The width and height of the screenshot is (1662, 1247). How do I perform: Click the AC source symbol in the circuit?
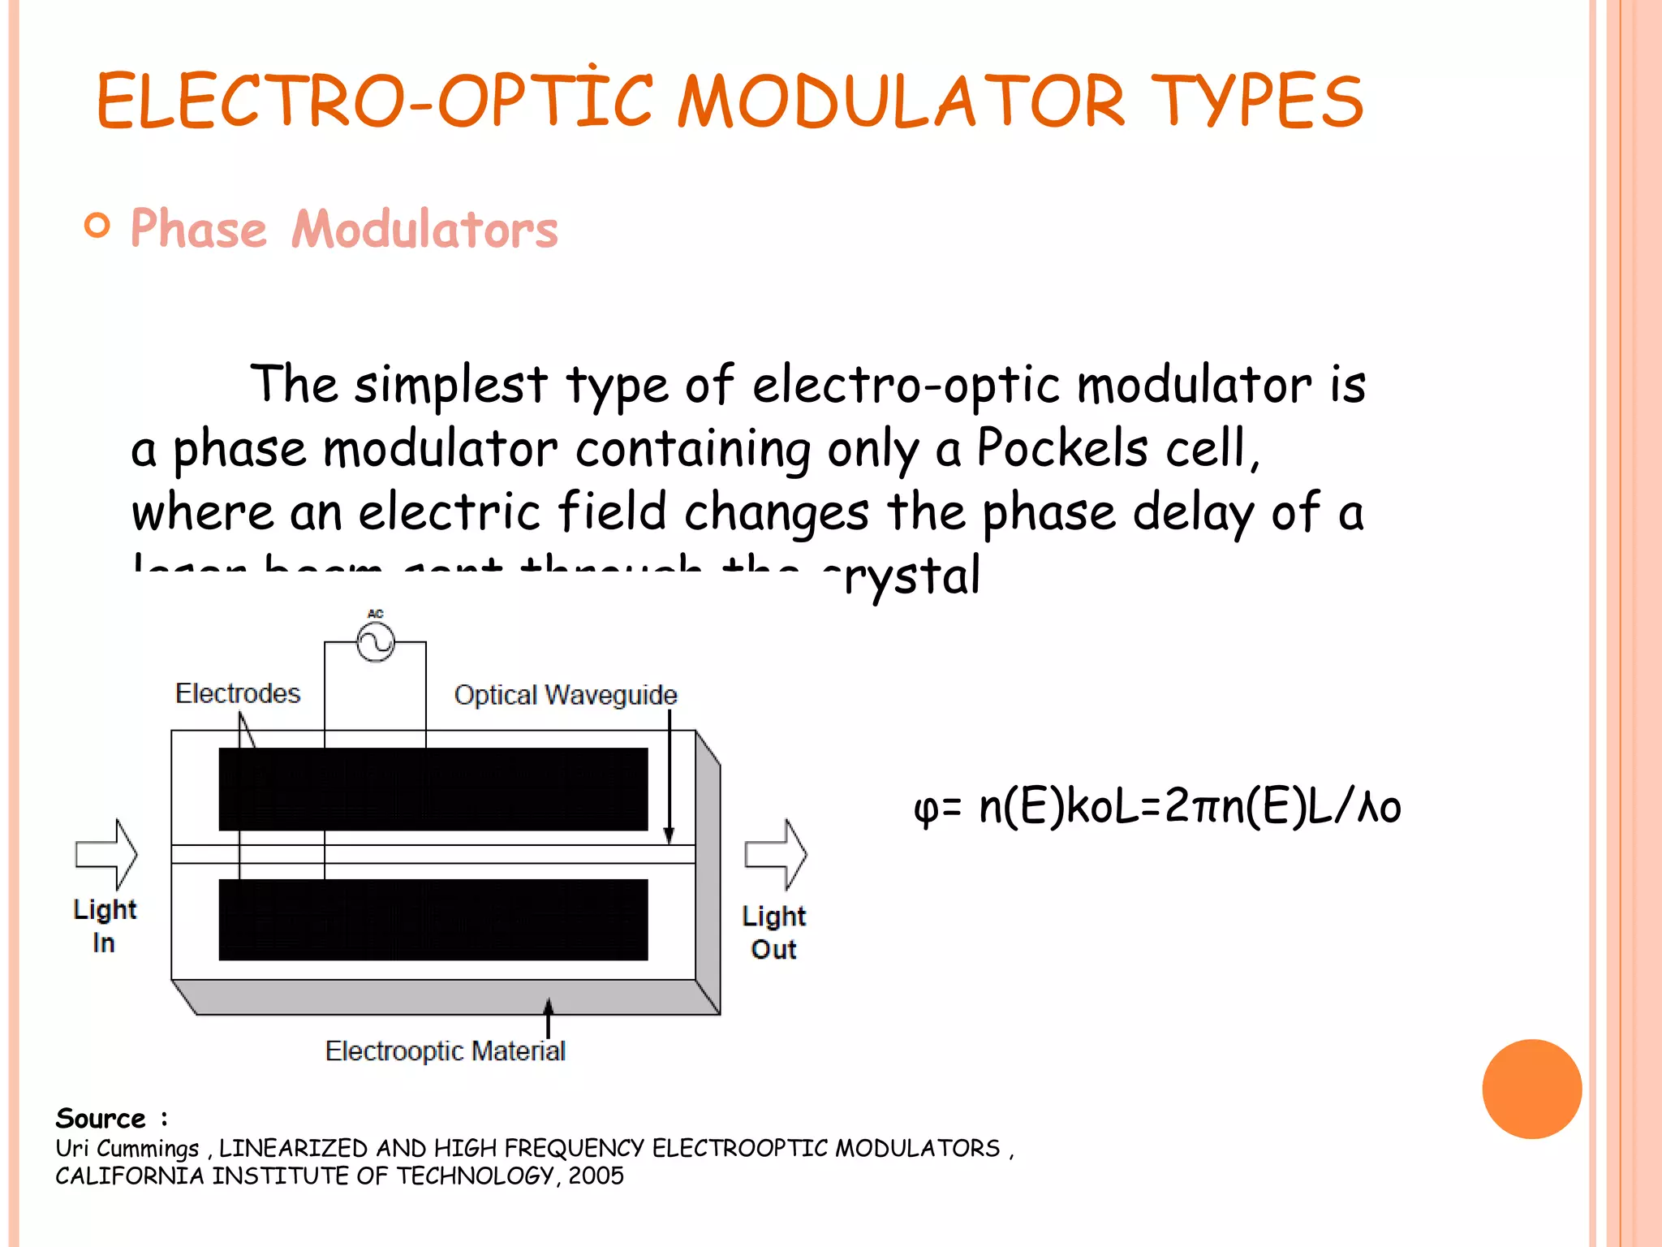click(376, 642)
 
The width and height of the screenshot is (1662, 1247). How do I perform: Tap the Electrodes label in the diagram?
click(238, 693)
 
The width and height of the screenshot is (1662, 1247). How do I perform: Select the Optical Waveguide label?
click(565, 695)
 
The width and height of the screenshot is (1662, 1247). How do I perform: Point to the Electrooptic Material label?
click(445, 1051)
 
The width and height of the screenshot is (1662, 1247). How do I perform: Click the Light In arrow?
click(107, 854)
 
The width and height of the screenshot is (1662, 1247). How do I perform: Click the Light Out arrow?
click(776, 854)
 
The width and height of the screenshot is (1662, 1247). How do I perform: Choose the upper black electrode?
click(433, 789)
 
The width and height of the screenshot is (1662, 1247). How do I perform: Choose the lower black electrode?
click(433, 920)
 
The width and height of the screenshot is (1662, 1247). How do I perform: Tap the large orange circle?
click(1531, 1089)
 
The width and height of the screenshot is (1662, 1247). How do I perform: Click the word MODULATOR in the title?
click(901, 101)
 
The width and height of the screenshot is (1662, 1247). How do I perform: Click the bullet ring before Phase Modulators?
click(97, 226)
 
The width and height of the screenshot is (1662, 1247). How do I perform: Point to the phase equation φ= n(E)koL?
click(1157, 807)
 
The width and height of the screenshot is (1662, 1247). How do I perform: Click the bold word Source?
click(101, 1119)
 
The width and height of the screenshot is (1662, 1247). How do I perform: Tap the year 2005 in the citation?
click(596, 1176)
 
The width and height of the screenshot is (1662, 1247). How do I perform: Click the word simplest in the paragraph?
click(450, 384)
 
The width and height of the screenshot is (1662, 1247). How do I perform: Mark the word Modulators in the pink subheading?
click(424, 229)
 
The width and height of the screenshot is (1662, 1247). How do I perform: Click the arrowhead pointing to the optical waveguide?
click(670, 835)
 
